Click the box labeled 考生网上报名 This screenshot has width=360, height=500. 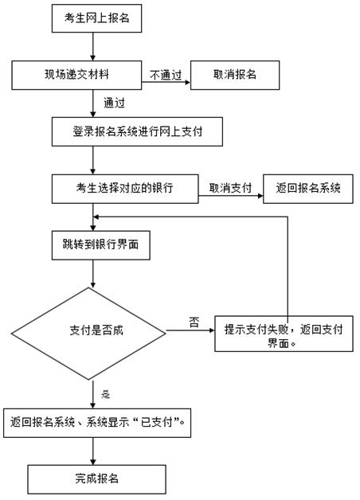96,18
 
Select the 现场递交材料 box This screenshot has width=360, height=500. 76,76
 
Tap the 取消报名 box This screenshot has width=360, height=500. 235,76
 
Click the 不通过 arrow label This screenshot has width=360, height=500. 166,76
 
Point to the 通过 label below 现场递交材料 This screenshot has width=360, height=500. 114,103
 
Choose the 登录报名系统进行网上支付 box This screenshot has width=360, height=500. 137,131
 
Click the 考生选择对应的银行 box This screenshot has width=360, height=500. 125,189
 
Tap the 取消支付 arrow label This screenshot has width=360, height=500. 230,188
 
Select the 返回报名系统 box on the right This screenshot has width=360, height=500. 308,189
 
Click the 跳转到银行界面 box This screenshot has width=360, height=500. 101,245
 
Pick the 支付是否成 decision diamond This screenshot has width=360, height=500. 88,334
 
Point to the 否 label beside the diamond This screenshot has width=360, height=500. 194,322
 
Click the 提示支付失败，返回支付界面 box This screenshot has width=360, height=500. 284,334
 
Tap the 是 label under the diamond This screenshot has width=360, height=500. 106,394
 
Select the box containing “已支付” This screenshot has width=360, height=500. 97,423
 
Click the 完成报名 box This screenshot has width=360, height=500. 96,479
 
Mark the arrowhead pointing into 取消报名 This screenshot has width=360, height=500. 187,82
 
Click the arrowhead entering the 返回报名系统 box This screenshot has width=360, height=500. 260,196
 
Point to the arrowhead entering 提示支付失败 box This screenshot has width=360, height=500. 212,330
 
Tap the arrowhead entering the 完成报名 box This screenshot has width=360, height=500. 93,462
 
